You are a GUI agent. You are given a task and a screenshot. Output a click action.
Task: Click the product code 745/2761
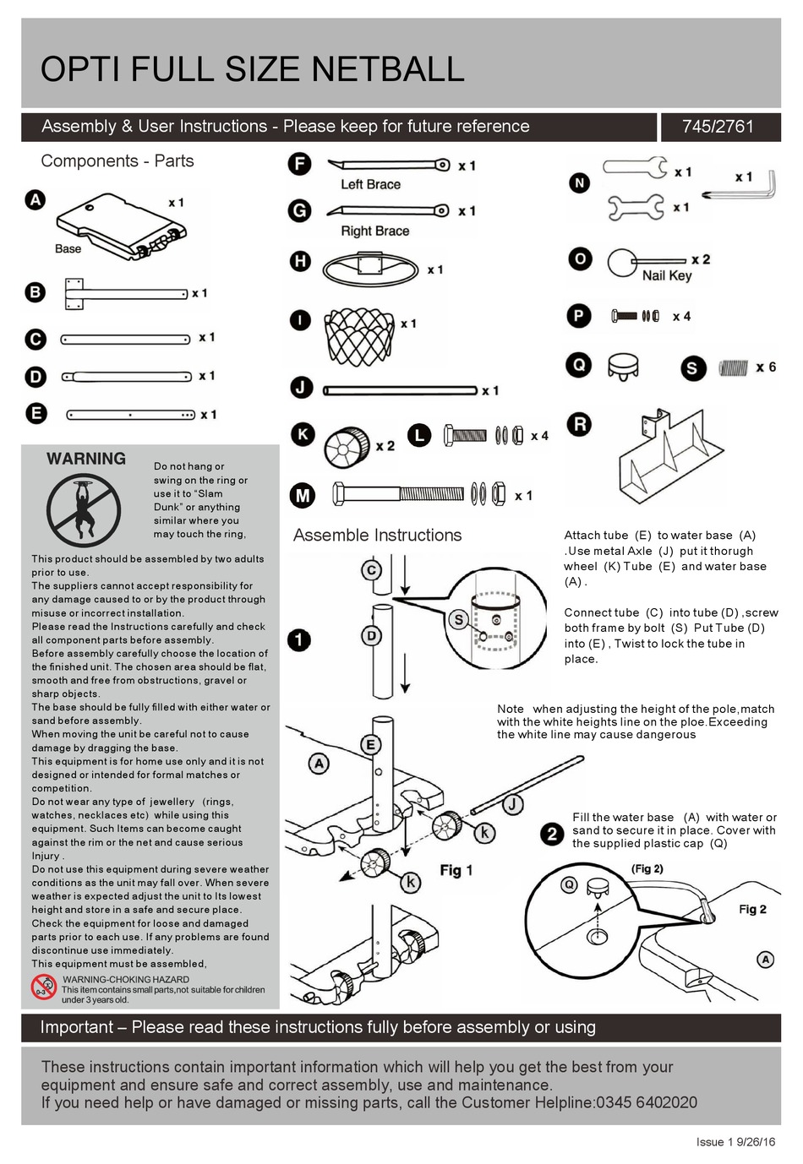pos(717,127)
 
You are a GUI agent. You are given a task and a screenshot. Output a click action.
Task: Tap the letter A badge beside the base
pos(35,200)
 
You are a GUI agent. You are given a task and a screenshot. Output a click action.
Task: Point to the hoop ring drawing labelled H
pos(370,269)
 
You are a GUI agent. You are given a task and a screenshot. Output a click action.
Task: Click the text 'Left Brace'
pos(370,184)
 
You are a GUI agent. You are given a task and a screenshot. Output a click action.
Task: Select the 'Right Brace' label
pos(374,231)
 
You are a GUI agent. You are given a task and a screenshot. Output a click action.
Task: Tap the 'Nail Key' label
pos(666,275)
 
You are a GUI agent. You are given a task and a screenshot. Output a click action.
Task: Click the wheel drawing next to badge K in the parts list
pos(347,447)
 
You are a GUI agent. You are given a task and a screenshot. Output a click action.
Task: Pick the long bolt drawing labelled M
pos(399,494)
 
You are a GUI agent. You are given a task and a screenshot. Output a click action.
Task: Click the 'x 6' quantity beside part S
pos(765,367)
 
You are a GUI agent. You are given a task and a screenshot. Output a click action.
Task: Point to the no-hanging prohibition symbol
pos(84,510)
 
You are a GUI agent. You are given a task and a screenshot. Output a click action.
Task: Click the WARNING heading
pos(86,459)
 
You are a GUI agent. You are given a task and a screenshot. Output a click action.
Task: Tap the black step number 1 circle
pos(298,639)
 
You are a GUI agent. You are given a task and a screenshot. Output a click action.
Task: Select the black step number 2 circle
pos(551,834)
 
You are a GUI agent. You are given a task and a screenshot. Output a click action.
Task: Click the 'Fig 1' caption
pos(456,870)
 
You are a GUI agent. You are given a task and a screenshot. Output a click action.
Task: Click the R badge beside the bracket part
pos(579,424)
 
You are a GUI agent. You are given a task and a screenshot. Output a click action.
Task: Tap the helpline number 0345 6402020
pos(646,1102)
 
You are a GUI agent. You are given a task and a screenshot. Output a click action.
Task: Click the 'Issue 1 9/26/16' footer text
pos(735,1142)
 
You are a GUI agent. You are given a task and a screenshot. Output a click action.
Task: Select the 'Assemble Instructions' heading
pos(377,536)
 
